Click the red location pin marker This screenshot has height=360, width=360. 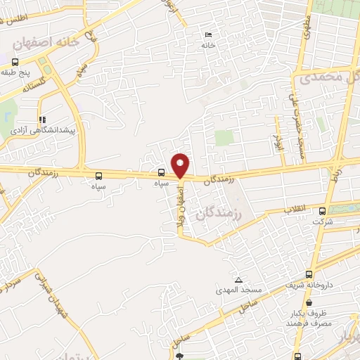[x=181, y=165]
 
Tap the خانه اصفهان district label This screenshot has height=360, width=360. [x=46, y=42]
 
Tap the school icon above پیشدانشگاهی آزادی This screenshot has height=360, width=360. [x=43, y=120]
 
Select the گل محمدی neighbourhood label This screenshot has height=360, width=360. [x=326, y=77]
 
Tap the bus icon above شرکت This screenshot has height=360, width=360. [x=323, y=211]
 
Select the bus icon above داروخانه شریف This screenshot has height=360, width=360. [x=309, y=275]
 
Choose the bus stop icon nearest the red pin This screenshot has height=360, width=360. [x=162, y=172]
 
